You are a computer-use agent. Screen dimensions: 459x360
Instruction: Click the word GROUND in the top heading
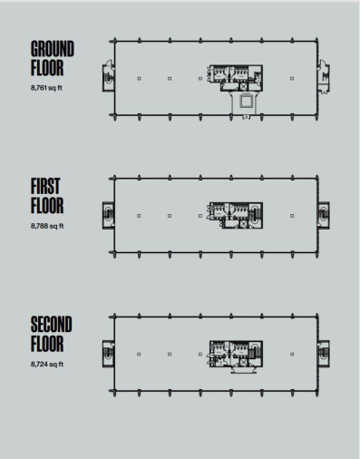pos(52,47)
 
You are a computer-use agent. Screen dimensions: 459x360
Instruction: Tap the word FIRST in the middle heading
pos(45,187)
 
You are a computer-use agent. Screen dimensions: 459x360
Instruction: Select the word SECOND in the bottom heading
pos(51,325)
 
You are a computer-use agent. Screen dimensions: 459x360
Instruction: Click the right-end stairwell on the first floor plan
pos(324,215)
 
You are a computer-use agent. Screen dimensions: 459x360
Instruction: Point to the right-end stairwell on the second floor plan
pos(324,353)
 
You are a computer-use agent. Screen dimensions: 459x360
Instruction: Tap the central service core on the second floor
pos(233,353)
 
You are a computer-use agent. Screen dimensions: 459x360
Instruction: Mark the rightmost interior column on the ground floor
pos(292,78)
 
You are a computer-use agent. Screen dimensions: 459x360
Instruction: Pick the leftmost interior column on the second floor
pos(139,353)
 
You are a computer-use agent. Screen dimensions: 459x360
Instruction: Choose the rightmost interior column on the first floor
pos(292,215)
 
